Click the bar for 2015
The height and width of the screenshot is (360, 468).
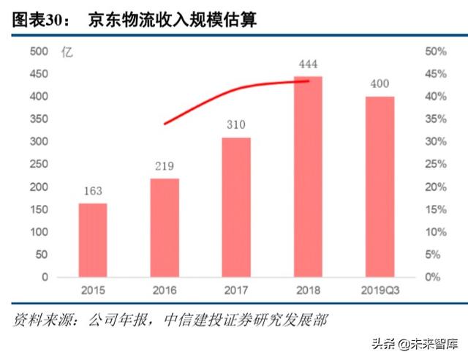coord(93,240)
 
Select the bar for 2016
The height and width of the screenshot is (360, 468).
coord(165,228)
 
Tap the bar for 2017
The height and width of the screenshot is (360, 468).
coord(236,207)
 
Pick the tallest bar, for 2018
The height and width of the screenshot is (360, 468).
coord(308,176)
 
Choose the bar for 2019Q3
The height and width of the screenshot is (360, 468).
coord(380,187)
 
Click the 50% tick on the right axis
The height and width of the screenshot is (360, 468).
coord(436,51)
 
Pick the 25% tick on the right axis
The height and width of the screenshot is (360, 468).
coord(436,165)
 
